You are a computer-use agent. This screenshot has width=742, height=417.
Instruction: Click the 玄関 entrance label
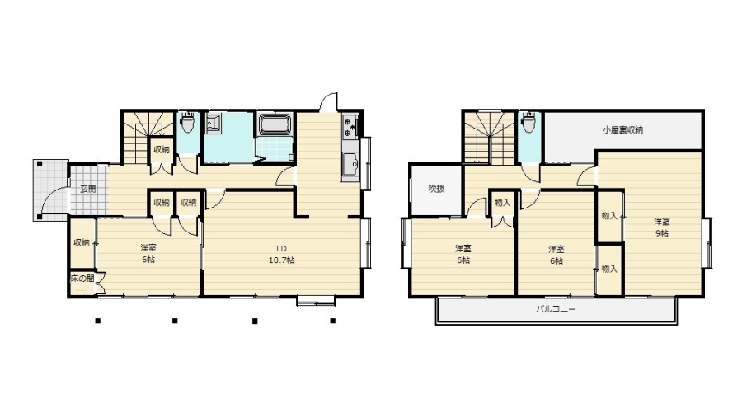88,189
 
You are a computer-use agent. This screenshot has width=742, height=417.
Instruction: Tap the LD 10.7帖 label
282,255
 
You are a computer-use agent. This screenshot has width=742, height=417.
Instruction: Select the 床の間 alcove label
82,278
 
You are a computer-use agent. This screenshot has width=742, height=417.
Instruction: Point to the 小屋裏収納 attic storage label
622,130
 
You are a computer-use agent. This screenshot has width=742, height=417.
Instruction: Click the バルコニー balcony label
556,310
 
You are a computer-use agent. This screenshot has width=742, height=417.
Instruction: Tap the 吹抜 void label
436,189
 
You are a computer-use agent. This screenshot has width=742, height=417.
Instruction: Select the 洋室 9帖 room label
661,227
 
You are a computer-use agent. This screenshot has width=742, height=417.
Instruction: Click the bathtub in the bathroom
275,124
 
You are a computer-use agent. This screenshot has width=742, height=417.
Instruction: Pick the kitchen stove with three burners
350,127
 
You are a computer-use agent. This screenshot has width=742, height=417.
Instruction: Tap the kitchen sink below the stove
350,167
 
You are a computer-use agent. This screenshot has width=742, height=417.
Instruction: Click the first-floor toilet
188,122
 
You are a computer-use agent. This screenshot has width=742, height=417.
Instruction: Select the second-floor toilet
529,123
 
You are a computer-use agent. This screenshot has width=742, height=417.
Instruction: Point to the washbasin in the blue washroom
214,123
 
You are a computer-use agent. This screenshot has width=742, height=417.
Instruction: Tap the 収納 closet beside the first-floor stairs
162,150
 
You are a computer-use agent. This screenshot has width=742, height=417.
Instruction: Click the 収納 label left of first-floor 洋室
82,243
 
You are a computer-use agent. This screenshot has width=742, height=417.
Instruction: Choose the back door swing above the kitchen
328,102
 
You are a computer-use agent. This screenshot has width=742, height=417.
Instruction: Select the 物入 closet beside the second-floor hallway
502,204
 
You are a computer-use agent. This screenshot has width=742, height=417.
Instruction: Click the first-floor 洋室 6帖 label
148,254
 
